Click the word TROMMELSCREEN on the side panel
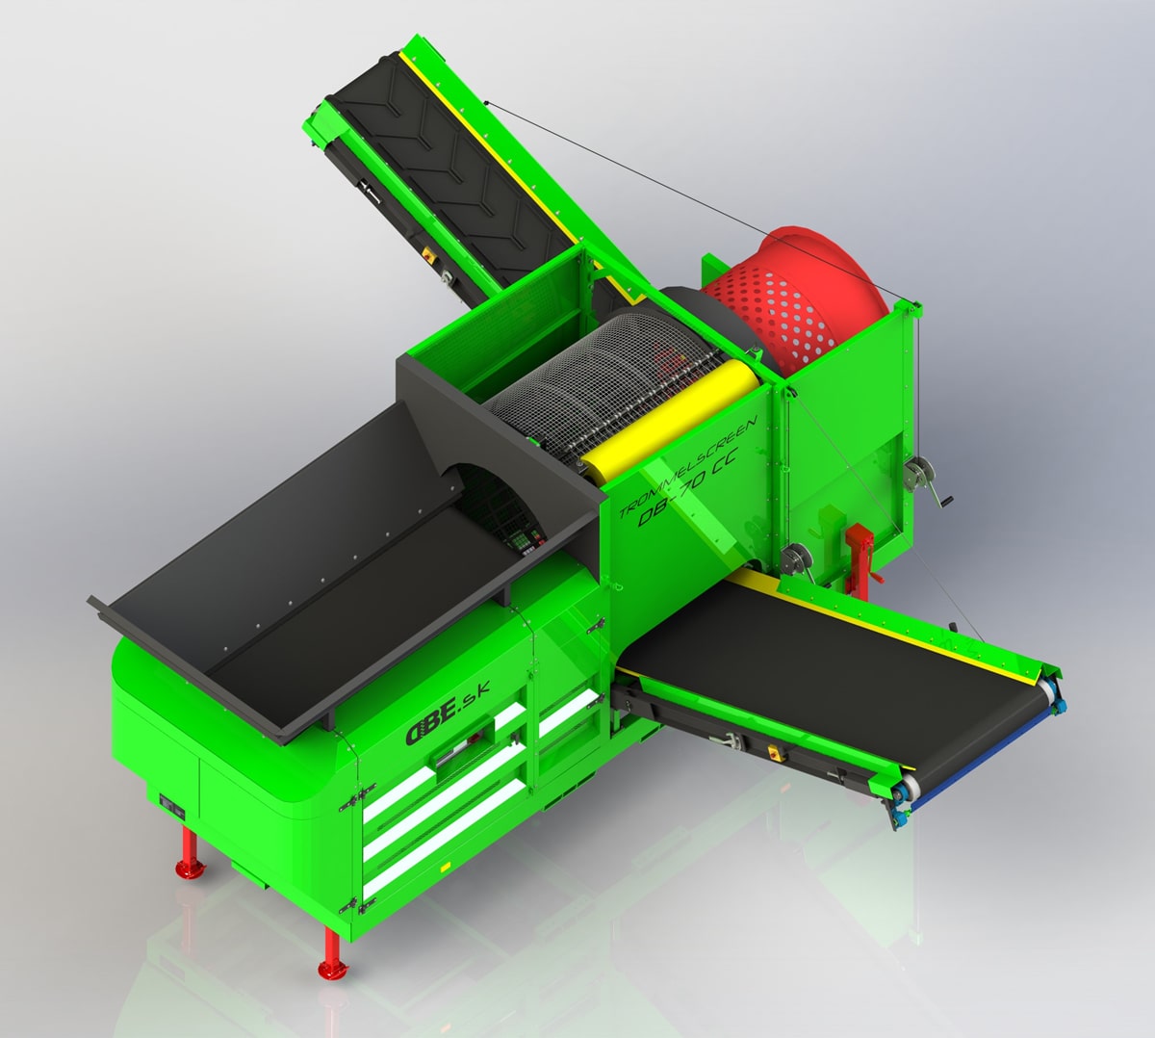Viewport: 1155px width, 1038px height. tap(688, 465)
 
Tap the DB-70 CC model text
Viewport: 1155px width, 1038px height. tap(688, 486)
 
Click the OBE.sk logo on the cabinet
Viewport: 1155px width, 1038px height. tap(448, 714)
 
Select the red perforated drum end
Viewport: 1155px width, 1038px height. tap(796, 300)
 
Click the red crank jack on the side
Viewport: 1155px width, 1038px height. tap(860, 558)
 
